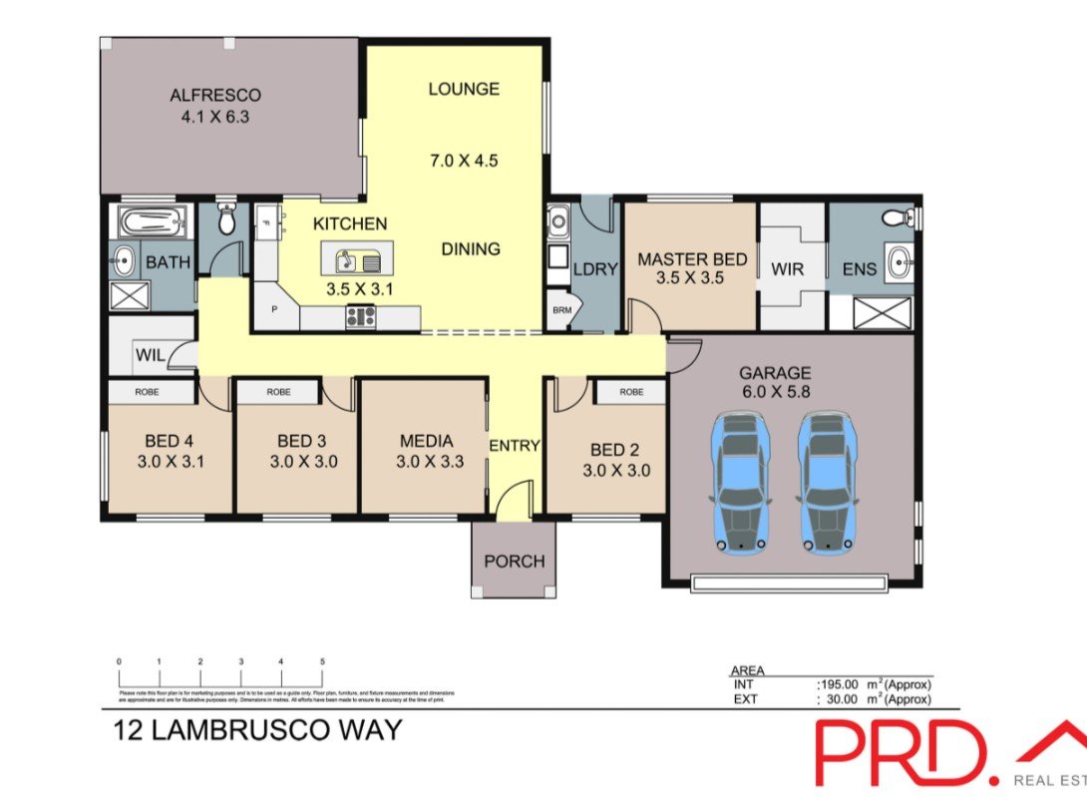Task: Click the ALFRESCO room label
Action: pyautogui.click(x=214, y=96)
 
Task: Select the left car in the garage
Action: pyautogui.click(x=739, y=483)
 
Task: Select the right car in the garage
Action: pyautogui.click(x=826, y=483)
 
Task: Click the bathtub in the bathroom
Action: pyautogui.click(x=153, y=221)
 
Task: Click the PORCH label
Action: pyautogui.click(x=514, y=562)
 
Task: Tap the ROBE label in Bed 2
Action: pyautogui.click(x=630, y=392)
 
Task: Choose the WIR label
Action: pyautogui.click(x=787, y=269)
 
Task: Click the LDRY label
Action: pyautogui.click(x=596, y=269)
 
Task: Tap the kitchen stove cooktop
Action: pyautogui.click(x=361, y=318)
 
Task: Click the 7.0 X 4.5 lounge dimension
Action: pyautogui.click(x=463, y=160)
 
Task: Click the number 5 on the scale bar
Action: pyautogui.click(x=322, y=661)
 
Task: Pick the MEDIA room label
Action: pyautogui.click(x=426, y=441)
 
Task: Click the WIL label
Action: pyautogui.click(x=151, y=353)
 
